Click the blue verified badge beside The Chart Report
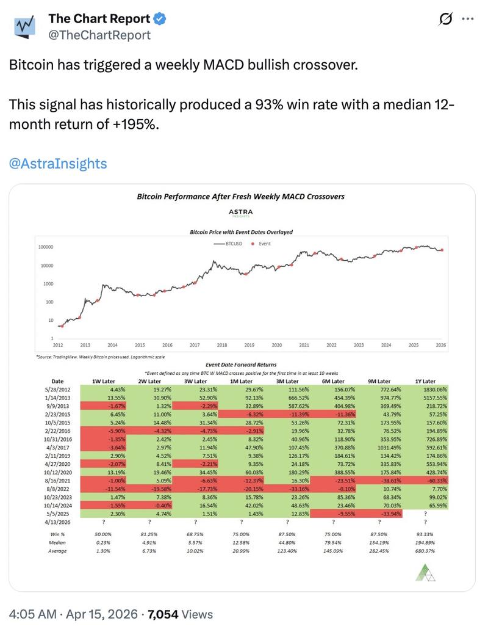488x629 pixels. point(159,19)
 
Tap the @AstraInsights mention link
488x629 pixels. point(57,163)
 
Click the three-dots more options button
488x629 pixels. point(467,19)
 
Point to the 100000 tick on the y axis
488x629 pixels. point(46,247)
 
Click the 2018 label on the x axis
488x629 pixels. point(222,345)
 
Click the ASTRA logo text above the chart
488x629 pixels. point(240,211)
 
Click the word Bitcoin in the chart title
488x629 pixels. point(150,197)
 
